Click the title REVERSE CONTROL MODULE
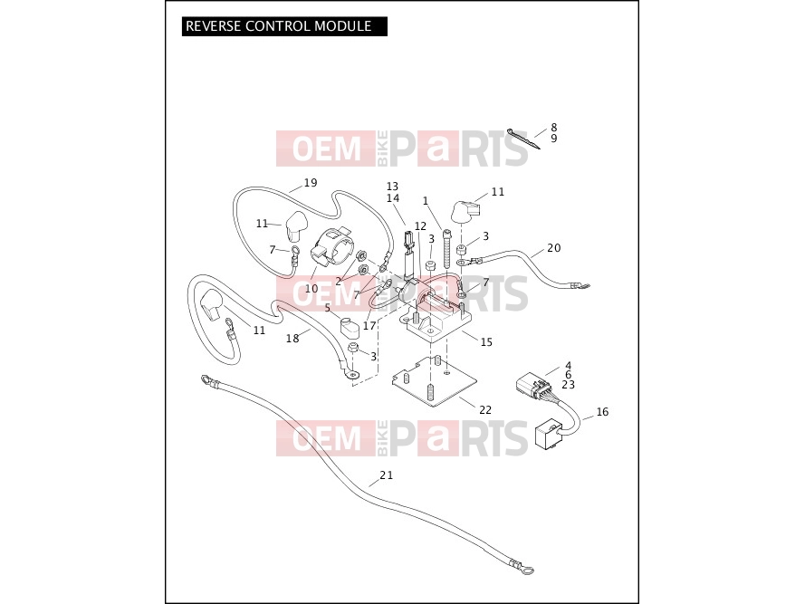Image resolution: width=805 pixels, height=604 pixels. coord(278,26)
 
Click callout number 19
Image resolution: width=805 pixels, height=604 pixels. coord(311,183)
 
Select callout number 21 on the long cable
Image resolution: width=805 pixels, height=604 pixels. coord(387,475)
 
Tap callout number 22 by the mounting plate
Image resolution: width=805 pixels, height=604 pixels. coord(485,410)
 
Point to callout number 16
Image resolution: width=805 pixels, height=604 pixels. coord(602,412)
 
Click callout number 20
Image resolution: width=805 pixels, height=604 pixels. coord(554,248)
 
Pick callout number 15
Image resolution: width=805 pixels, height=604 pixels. coord(486,342)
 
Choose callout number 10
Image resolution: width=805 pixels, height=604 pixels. coord(311,289)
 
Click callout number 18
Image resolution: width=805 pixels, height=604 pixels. coord(292,339)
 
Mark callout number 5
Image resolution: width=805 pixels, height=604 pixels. coord(328,308)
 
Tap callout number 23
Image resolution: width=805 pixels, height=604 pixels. coord(569,385)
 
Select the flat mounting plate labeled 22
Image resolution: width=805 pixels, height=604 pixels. coord(435,380)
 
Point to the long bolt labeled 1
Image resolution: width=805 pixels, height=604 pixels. coord(446,249)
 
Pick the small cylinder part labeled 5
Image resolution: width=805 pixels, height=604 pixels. coord(350,328)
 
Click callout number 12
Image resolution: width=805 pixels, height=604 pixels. coord(420,226)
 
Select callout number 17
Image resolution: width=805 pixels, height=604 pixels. coord(369,326)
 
